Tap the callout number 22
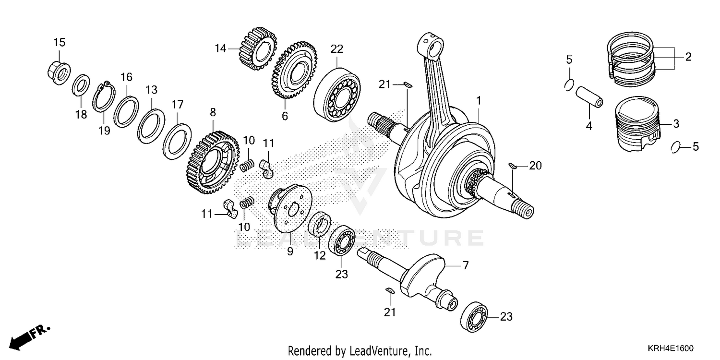(x=337, y=48)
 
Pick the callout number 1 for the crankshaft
(x=478, y=101)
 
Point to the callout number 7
(x=466, y=265)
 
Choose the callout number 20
(x=535, y=166)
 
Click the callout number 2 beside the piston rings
(x=688, y=57)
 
